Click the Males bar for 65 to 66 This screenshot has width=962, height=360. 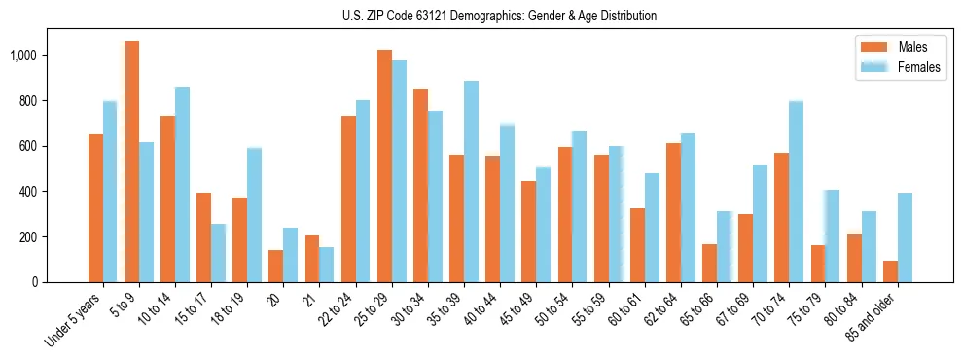click(709, 263)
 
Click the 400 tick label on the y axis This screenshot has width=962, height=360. click(29, 192)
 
